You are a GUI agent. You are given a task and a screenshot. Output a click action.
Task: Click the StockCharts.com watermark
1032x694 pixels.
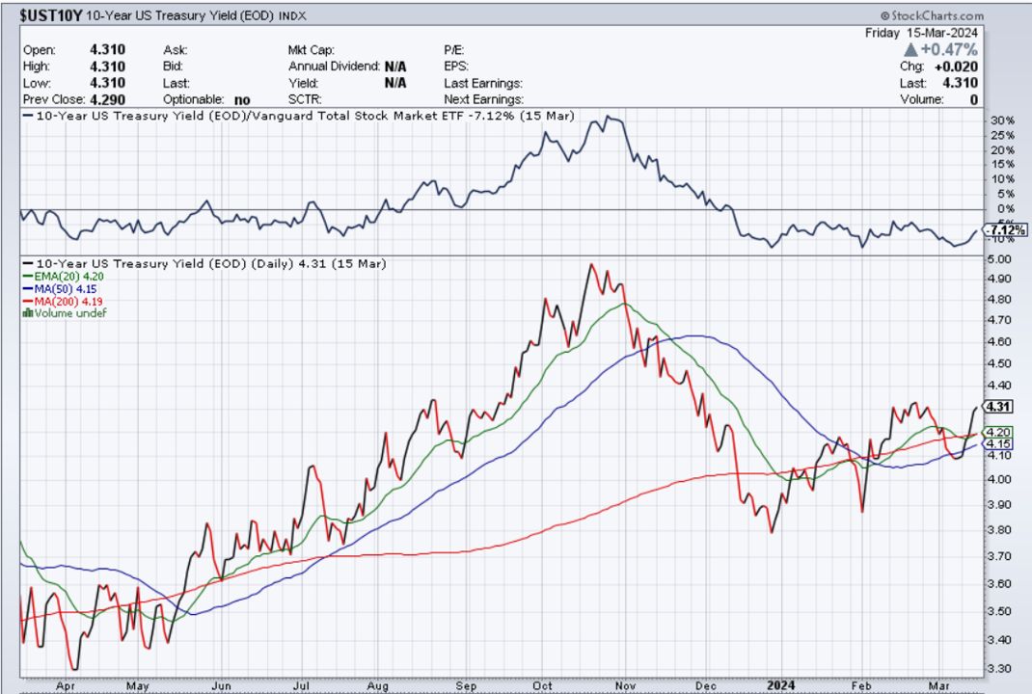coord(933,16)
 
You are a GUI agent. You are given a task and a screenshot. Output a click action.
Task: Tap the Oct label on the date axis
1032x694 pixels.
coord(546,684)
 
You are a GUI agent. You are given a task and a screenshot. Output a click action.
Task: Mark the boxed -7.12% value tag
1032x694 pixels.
coord(1005,229)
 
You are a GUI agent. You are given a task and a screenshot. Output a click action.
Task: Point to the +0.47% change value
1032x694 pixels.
coord(949,49)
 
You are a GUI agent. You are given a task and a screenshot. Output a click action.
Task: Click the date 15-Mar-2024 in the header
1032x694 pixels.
coord(950,31)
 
